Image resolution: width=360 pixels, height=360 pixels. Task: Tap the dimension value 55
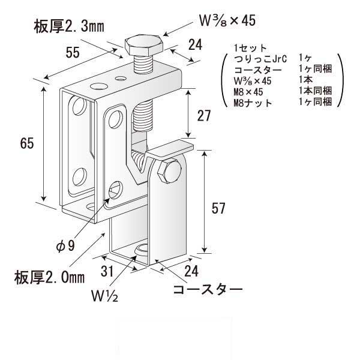point(73,53)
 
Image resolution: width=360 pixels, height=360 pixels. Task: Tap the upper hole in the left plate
point(78,108)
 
